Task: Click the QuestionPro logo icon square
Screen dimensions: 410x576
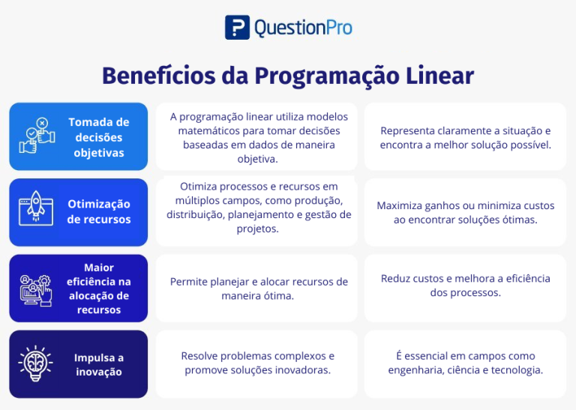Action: click(237, 28)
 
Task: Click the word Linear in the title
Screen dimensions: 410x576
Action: click(440, 76)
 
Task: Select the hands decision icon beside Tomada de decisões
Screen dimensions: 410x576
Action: click(37, 136)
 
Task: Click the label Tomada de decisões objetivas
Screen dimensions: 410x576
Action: click(99, 137)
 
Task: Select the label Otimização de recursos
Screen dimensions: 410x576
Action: click(99, 211)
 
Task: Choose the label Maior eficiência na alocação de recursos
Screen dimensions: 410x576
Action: click(99, 289)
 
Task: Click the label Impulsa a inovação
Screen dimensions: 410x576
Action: click(99, 364)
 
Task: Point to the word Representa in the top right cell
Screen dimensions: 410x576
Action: click(406, 130)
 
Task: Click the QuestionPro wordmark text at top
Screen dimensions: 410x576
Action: click(303, 28)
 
